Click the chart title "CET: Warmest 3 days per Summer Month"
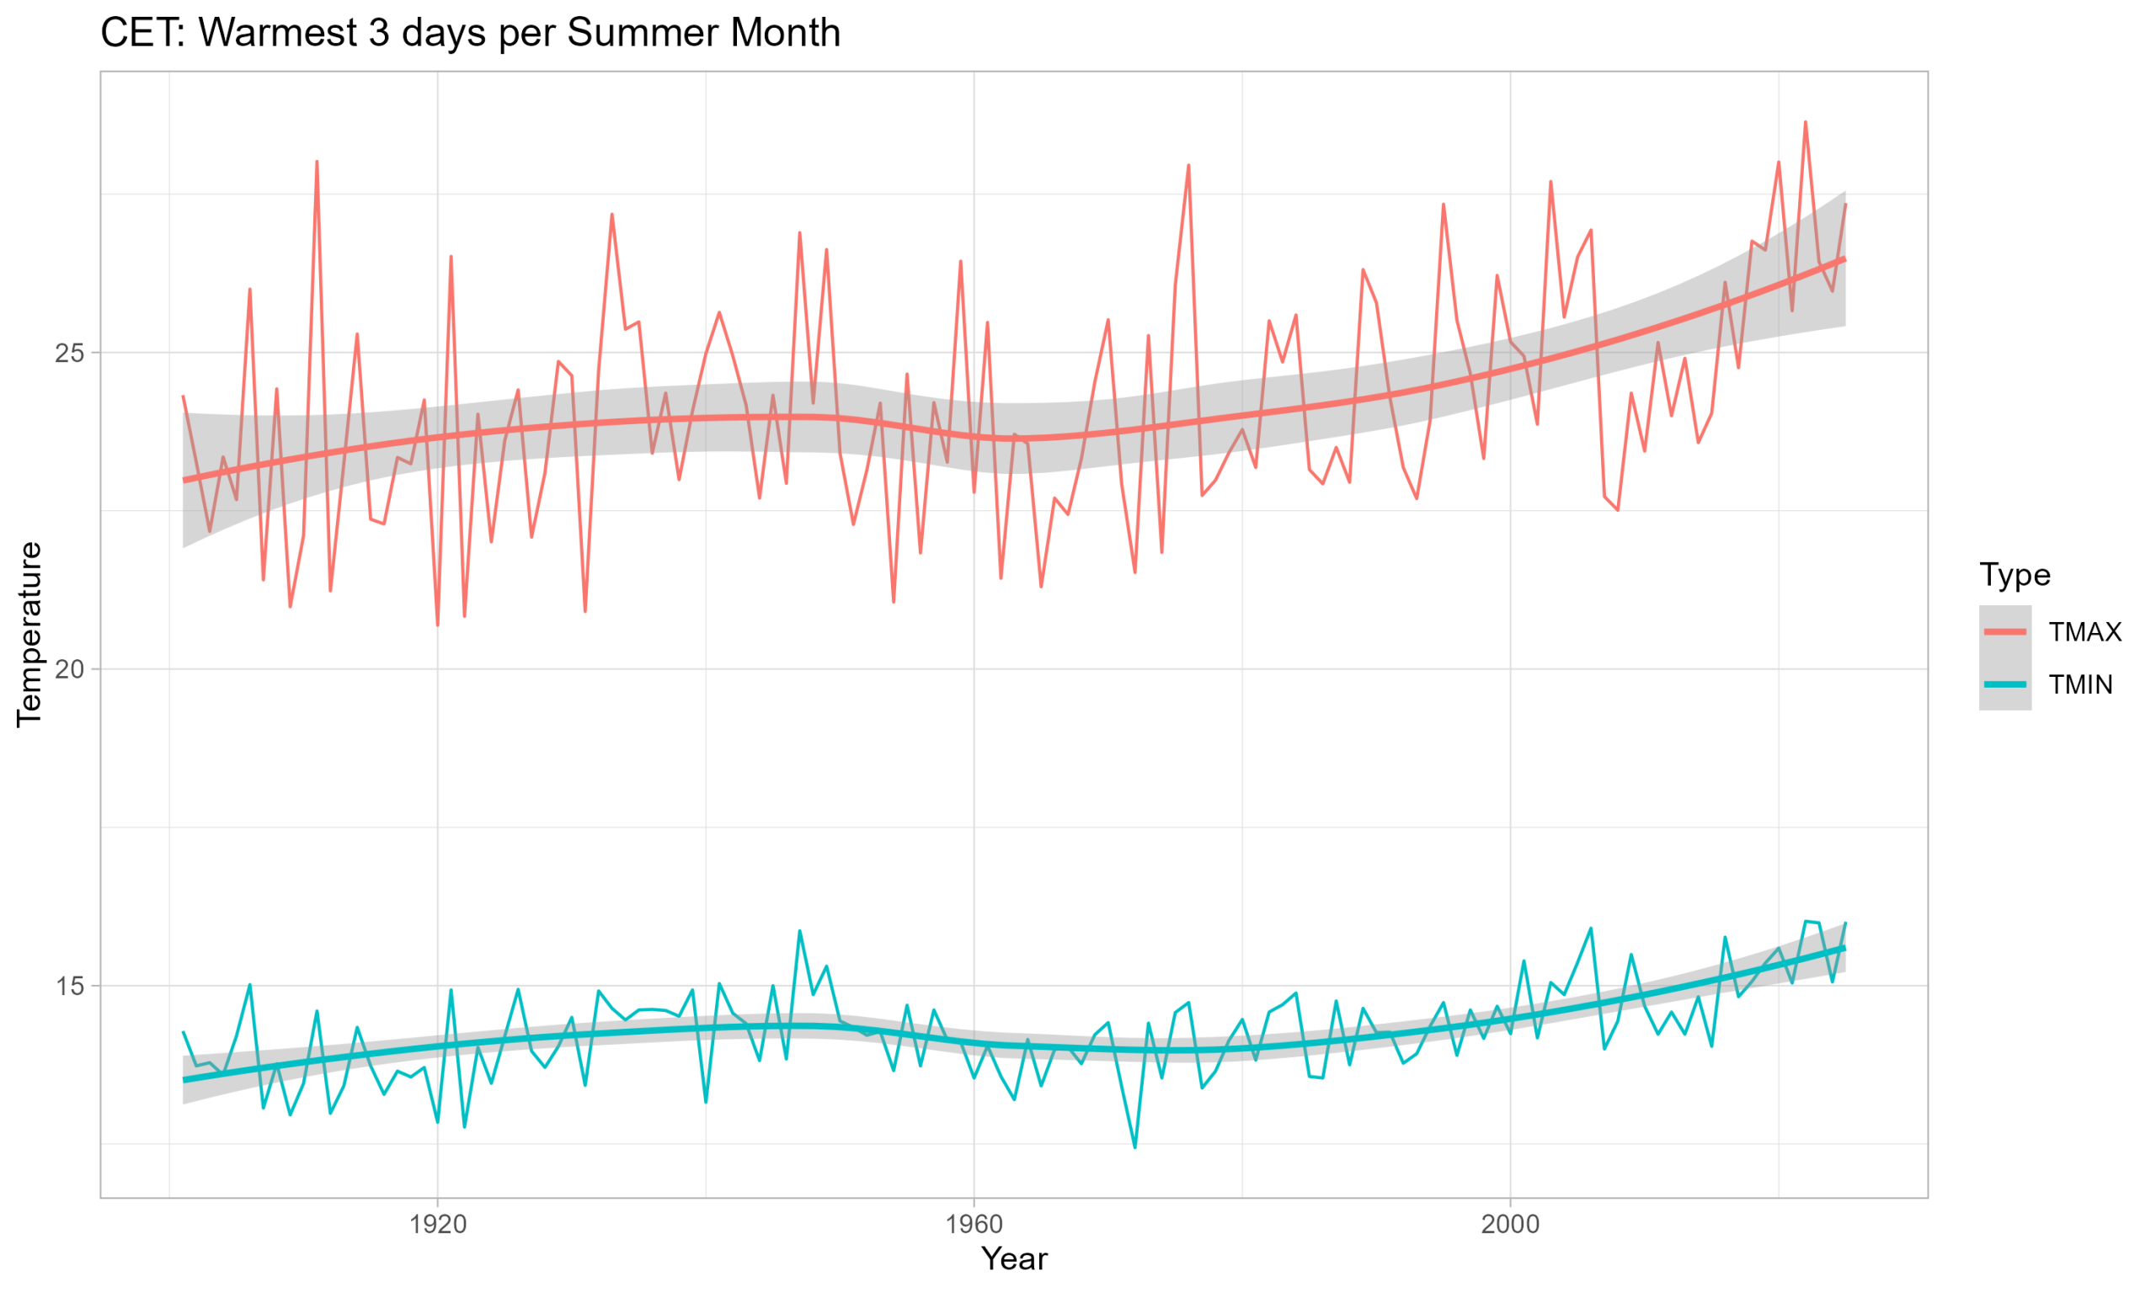471,33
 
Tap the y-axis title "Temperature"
29,635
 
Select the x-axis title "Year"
1013,1259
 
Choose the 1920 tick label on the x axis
437,1224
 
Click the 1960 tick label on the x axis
974,1224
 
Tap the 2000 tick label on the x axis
1510,1224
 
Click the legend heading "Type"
2014,575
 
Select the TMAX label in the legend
2084,631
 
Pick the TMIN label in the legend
2080,685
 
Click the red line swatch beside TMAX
2004,631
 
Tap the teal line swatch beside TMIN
2004,685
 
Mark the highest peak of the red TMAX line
1805,122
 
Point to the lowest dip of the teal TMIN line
1134,1147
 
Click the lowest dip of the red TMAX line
437,625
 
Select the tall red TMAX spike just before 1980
1187,165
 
